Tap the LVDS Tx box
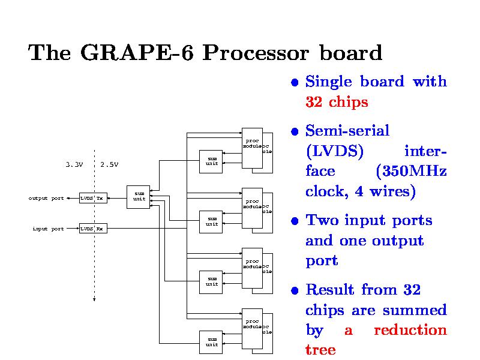point(93,198)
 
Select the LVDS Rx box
point(93,229)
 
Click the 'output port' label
point(46,198)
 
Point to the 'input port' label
point(48,229)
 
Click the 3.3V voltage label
point(74,164)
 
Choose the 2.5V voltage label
point(109,164)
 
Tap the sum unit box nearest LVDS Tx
point(139,196)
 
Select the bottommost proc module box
point(252,328)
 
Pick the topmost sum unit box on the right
point(211,161)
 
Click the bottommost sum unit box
point(211,342)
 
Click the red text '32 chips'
point(336,102)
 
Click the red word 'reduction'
point(410,330)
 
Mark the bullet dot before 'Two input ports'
point(294,221)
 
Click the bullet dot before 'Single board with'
point(294,82)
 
